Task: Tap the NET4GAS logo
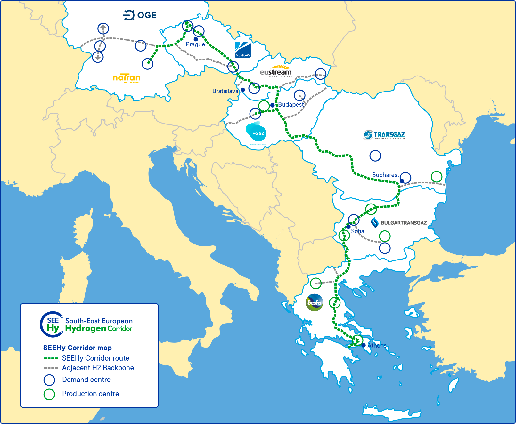pos(242,50)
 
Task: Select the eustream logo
pos(275,72)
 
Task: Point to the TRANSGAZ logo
pos(384,135)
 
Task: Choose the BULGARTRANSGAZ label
pos(399,223)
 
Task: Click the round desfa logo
pos(314,302)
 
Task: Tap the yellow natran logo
pos(127,78)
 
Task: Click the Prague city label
pos(195,44)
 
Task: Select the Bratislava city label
pos(225,91)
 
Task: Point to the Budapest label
pos(291,105)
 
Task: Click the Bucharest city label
pos(385,175)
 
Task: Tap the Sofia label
pos(357,231)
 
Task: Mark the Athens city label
pos(377,346)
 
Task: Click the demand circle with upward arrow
pos(103,29)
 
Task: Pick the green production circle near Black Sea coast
pos(437,176)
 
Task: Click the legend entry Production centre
pos(90,394)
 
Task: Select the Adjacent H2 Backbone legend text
pos(98,368)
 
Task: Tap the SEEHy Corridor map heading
pos(77,348)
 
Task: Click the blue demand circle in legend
pos(49,380)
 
